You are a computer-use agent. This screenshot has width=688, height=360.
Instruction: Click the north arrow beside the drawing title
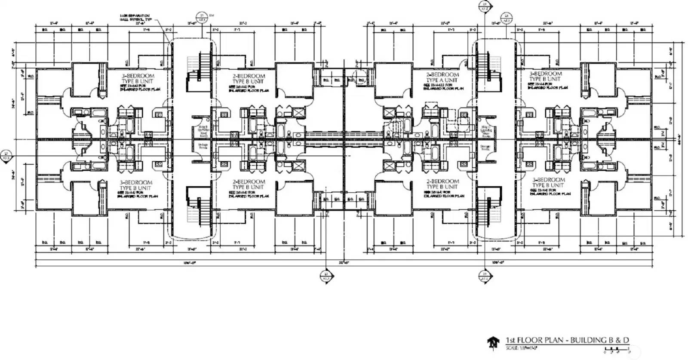pyautogui.click(x=492, y=343)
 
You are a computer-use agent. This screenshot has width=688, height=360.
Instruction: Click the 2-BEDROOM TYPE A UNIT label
pyautogui.click(x=442, y=77)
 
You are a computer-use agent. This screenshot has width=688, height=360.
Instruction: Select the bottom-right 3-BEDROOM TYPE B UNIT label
pyautogui.click(x=549, y=183)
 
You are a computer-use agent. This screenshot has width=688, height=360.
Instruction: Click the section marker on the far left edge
pyautogui.click(x=6, y=155)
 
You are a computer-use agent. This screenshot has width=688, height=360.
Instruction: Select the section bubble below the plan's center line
pyautogui.click(x=326, y=276)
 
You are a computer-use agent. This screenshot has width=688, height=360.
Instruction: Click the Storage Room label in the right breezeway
pyautogui.click(x=485, y=149)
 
